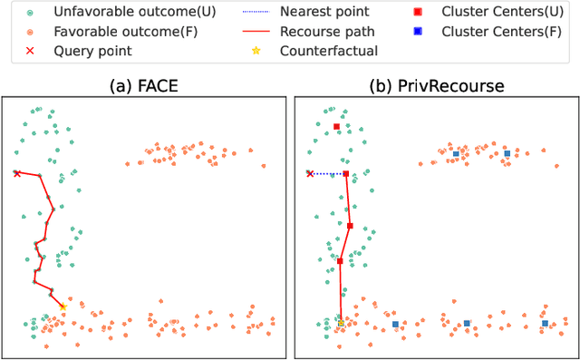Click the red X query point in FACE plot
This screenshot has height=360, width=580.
(17, 173)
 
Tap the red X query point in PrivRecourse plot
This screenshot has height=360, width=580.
(310, 173)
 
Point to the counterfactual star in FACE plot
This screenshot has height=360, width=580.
(63, 307)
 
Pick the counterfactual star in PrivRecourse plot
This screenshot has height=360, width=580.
(341, 323)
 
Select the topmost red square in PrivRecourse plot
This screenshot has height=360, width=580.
(336, 127)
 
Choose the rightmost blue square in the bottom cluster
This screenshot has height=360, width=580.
(545, 323)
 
